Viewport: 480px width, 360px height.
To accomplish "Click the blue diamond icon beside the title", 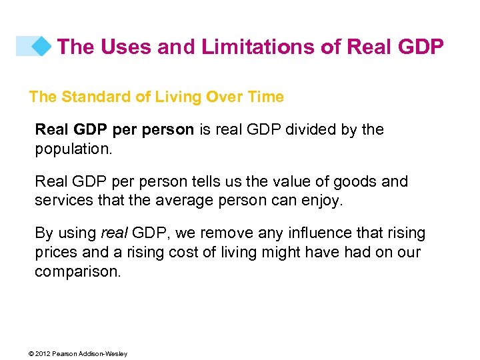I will coord(41,46).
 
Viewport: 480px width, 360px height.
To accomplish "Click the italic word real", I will coord(114,233).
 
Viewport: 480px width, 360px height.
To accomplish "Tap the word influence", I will coord(313,233).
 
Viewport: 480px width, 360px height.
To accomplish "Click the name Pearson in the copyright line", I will coord(66,354).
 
